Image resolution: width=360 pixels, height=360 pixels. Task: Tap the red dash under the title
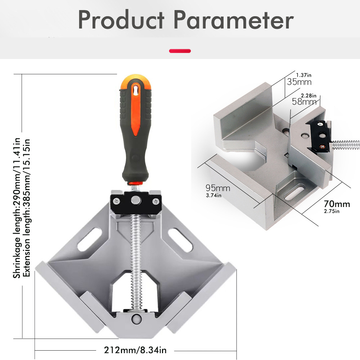click(x=180, y=51)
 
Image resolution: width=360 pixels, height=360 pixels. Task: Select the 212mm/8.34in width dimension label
click(x=135, y=350)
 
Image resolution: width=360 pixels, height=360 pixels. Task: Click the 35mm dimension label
click(x=299, y=82)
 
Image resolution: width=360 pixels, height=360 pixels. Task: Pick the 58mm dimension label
click(x=304, y=102)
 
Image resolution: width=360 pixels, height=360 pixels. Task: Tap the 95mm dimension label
click(x=218, y=188)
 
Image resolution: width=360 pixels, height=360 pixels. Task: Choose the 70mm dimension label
click(x=337, y=204)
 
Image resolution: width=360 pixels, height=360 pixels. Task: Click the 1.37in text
click(x=303, y=75)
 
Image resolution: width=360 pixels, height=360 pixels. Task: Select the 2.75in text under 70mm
click(x=332, y=211)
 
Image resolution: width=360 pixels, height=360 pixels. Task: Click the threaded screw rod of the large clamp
click(x=136, y=252)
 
